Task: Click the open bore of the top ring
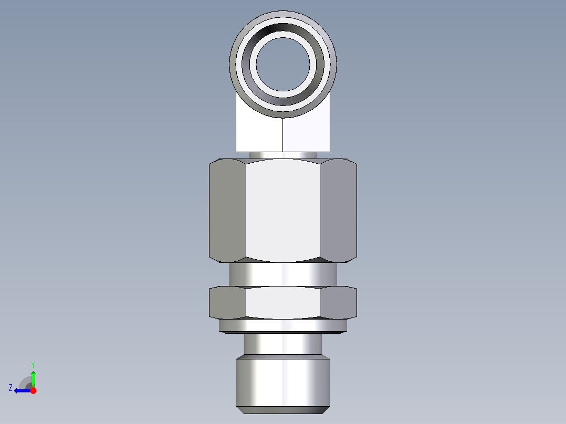(x=283, y=63)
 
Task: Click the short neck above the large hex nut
(x=283, y=155)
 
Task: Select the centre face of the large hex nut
(x=283, y=210)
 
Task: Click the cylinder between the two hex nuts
(x=283, y=274)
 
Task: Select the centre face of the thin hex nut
(x=283, y=303)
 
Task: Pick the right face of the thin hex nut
(x=338, y=303)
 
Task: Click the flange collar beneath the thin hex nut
(x=283, y=326)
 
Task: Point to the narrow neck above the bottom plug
(x=283, y=344)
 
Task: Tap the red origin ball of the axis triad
(x=33, y=390)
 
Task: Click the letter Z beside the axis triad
(x=11, y=388)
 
